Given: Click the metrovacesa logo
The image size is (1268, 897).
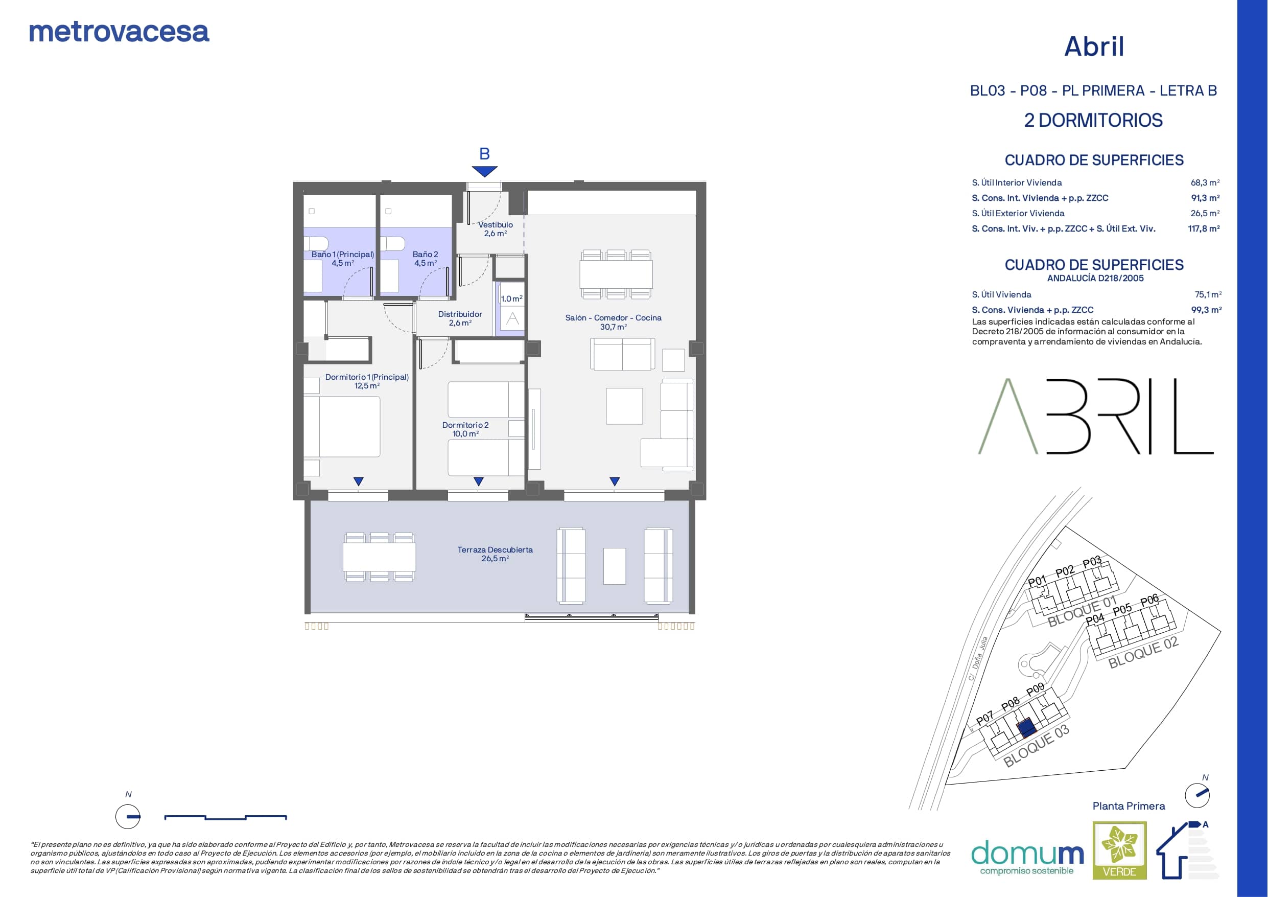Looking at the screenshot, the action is [119, 32].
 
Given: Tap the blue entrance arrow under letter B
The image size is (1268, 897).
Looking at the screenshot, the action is [484, 171].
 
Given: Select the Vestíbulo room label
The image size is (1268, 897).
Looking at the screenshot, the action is [496, 229].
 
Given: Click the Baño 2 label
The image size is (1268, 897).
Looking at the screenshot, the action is [425, 259].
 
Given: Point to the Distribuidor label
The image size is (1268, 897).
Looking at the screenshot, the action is [460, 318].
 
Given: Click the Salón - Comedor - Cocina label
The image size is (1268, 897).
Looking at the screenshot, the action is [613, 322].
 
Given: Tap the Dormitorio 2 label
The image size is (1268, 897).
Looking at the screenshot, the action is [465, 429].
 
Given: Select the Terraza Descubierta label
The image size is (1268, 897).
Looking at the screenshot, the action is [495, 554].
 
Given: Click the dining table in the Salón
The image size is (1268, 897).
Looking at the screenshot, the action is [616, 273].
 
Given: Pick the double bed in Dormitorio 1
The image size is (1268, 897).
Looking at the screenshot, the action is [342, 426].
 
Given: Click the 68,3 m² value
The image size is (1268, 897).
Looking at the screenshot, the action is [1205, 182].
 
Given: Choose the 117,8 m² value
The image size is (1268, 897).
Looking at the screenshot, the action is [1204, 228].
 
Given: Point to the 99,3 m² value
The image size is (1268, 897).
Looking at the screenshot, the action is [1206, 310].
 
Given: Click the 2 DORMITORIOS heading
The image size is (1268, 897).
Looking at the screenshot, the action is [1093, 121].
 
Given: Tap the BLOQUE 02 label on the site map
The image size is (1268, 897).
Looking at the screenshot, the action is [1144, 652].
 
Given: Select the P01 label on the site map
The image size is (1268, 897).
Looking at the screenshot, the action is [1037, 581].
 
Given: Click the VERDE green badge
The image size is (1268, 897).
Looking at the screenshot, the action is [1119, 850].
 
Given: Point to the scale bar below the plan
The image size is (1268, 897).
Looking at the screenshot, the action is [225, 817].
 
